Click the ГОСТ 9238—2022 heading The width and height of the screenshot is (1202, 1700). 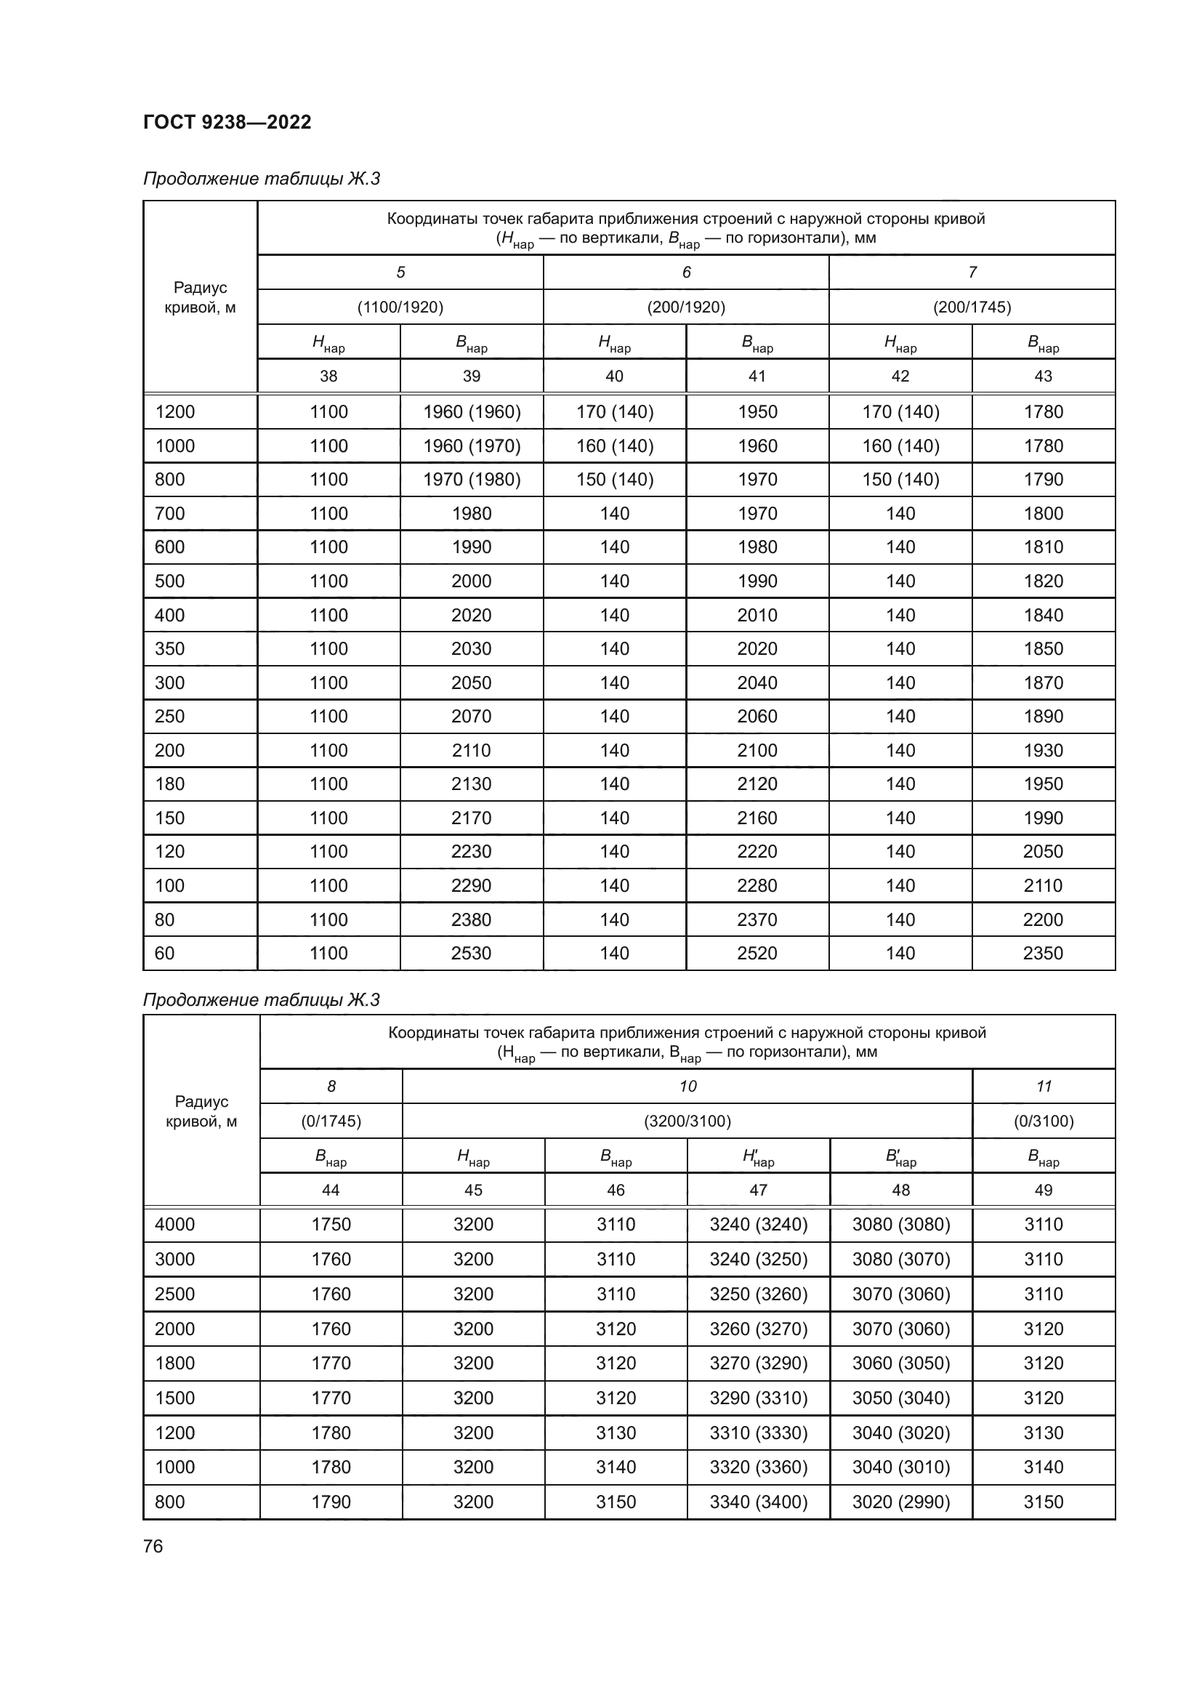coord(227,122)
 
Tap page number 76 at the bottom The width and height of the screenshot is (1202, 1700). coord(153,1546)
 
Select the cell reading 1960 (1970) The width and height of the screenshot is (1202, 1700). coord(472,446)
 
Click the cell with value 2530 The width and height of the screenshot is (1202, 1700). coord(472,953)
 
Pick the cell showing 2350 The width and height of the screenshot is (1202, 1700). coord(1043,953)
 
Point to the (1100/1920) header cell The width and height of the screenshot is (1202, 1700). coord(400,307)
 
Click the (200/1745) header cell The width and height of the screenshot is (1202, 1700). coord(972,307)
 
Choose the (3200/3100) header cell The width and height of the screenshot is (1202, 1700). coord(687,1121)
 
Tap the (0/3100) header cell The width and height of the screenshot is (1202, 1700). coord(1044,1121)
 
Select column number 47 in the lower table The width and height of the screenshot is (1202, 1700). coord(759,1190)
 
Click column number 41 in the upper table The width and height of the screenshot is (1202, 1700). coord(757,376)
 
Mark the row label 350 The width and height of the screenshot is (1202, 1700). coord(169,648)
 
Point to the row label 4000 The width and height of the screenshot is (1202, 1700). coord(174,1225)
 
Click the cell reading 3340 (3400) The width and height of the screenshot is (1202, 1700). coord(759,1502)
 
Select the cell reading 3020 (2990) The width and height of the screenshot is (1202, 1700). coord(900,1502)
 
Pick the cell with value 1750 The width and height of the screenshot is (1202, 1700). coord(331,1225)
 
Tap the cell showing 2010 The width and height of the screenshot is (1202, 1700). coord(757,616)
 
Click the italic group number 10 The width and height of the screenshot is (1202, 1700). coord(687,1086)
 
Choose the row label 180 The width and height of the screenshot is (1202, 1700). coord(169,784)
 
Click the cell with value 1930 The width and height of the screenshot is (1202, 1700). coord(1043,750)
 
